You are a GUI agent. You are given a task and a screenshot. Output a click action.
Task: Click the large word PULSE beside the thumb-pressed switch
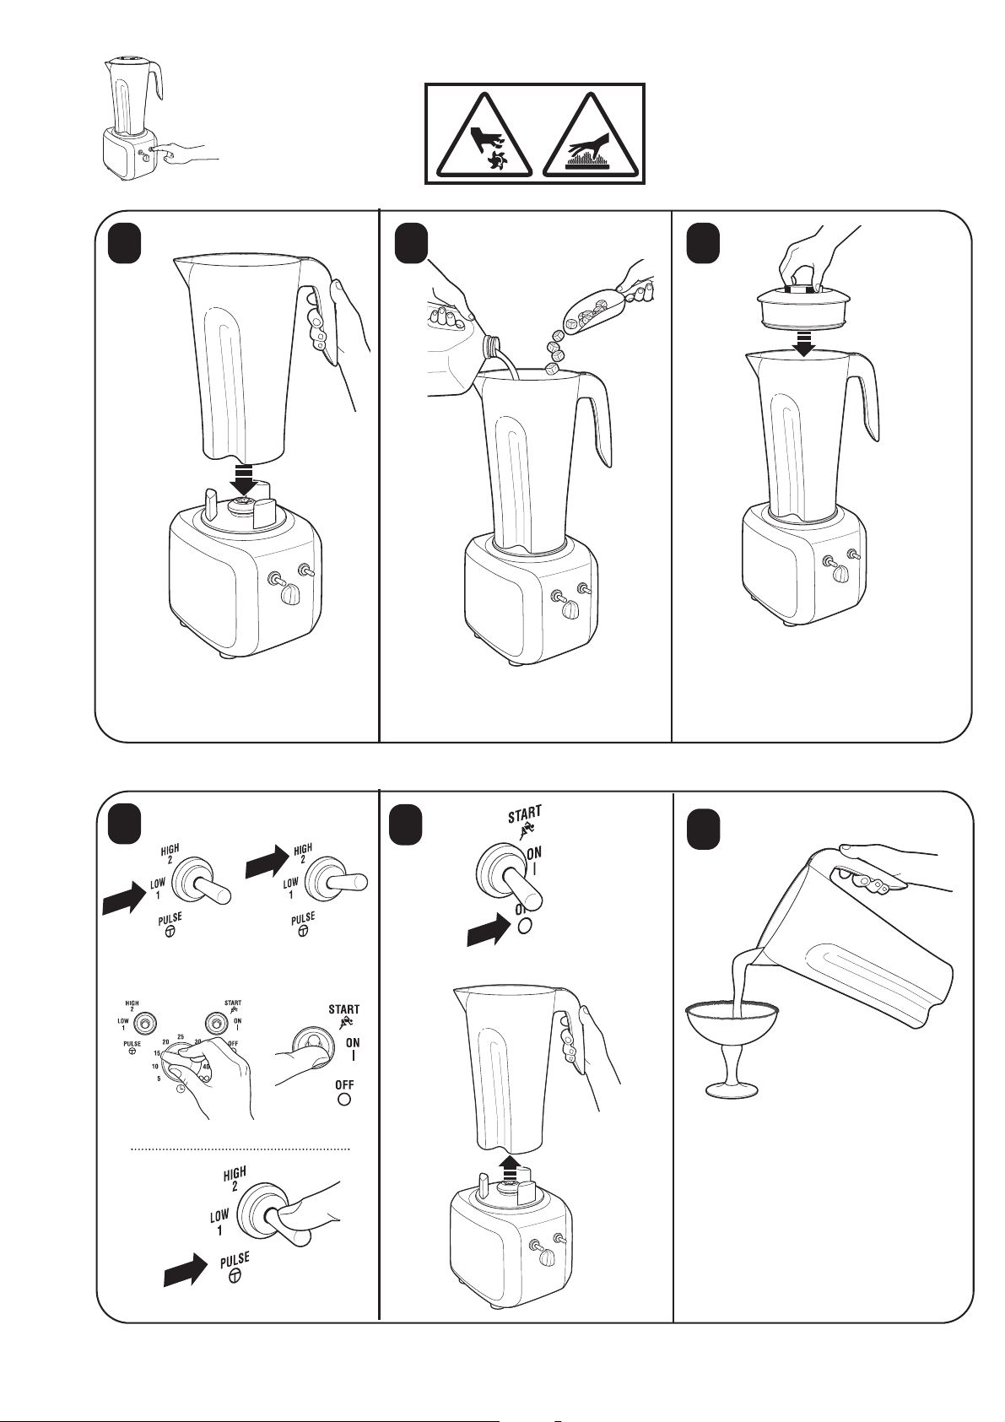[x=235, y=1262]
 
